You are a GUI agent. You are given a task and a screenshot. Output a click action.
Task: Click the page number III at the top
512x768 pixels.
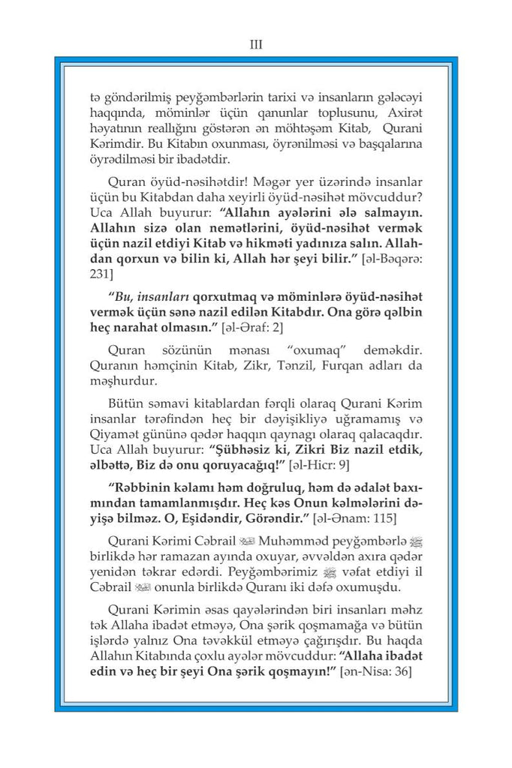(x=255, y=44)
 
